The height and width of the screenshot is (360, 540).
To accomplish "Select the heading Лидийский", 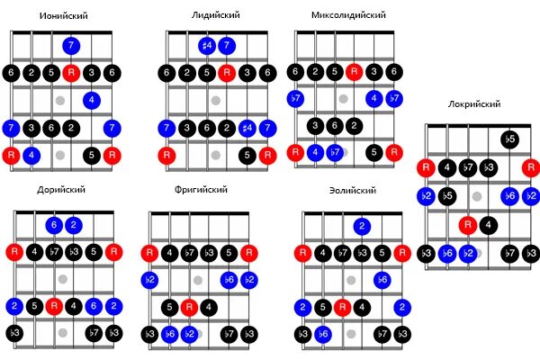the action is click(216, 16).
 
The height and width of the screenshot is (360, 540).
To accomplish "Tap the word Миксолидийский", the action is click(348, 16).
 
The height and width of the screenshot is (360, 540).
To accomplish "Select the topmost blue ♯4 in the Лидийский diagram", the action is click(207, 45).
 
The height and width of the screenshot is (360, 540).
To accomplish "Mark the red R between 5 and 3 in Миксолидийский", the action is click(355, 71).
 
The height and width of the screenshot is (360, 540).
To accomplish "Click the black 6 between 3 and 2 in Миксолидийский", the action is click(335, 126).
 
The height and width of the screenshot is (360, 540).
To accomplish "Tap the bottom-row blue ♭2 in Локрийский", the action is click(467, 254).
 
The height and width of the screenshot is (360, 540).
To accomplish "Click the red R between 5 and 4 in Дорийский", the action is click(53, 307).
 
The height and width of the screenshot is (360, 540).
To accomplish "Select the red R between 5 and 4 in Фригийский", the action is click(189, 307).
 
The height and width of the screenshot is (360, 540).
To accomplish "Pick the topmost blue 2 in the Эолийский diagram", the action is click(362, 225).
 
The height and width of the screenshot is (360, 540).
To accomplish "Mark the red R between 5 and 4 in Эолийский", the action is click(342, 307).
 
